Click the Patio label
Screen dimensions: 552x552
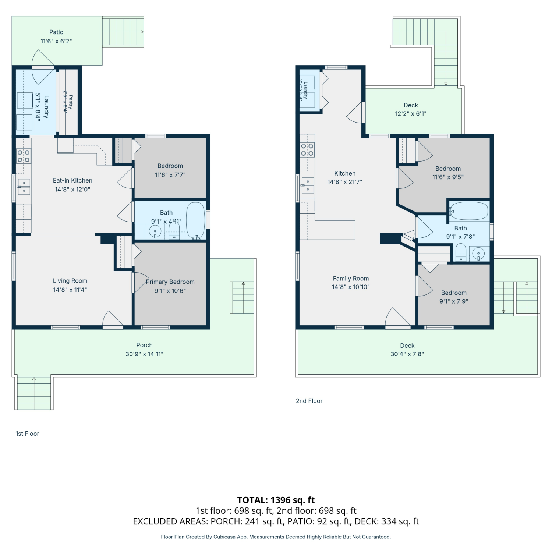coord(56,32)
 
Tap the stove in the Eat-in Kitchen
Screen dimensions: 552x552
coord(24,156)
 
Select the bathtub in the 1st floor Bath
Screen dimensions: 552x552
coord(195,220)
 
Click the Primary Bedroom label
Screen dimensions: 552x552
coord(170,282)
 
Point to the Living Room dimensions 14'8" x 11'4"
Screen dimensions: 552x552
coord(70,290)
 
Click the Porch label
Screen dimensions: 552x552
coord(144,345)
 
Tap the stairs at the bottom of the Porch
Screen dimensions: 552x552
coord(34,393)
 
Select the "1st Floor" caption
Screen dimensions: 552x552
coord(27,434)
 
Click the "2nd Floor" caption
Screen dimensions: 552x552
coord(309,401)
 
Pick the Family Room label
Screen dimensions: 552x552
coord(351,279)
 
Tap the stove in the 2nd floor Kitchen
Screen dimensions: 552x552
coord(307,150)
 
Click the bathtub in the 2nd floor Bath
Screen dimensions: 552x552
coord(469,211)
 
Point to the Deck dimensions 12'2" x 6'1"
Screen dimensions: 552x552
coord(411,114)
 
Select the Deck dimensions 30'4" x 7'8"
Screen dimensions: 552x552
coord(407,354)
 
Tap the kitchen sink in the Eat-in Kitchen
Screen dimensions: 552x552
coord(24,187)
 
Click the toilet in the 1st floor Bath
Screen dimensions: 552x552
coord(174,232)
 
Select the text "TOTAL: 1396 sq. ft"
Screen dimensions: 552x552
coord(276,500)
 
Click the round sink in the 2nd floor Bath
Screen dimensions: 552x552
coord(478,253)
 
